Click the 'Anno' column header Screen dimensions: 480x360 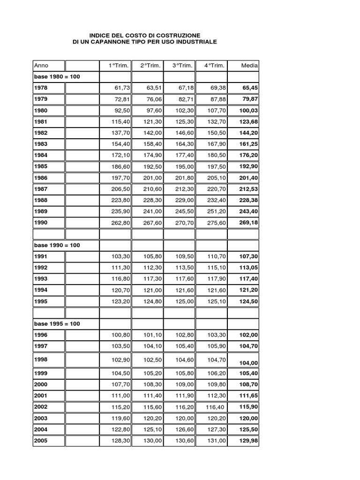point(41,66)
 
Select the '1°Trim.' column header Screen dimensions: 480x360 point(117,66)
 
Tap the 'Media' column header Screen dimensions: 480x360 point(249,66)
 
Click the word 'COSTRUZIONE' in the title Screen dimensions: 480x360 point(178,35)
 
